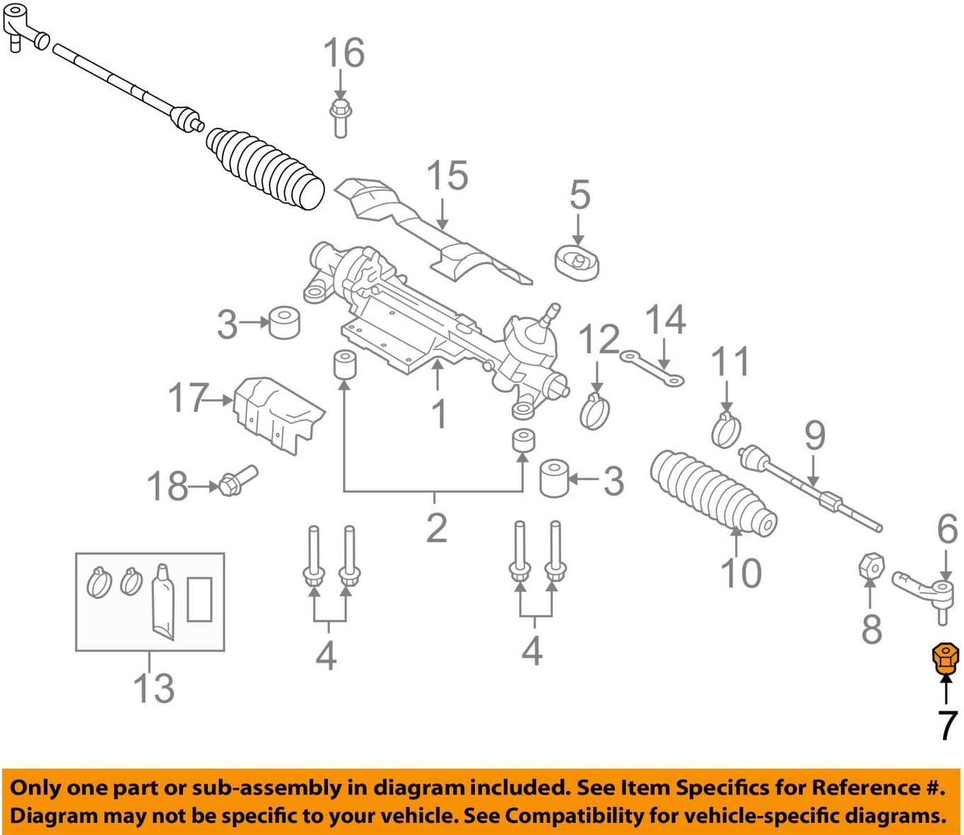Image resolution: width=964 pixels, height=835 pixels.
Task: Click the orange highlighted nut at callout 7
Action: pos(945,659)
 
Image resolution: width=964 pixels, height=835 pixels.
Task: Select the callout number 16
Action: pos(343,53)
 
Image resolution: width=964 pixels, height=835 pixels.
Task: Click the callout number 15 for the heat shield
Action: pos(447,175)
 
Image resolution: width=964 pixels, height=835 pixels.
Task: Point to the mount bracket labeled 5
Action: pos(577,263)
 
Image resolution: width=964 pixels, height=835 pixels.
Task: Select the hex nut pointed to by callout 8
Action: pos(871,566)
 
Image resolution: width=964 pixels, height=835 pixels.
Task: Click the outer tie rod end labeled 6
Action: pos(922,590)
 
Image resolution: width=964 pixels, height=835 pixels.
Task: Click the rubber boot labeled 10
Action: pos(710,491)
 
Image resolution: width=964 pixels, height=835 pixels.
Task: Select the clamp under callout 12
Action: pos(594,412)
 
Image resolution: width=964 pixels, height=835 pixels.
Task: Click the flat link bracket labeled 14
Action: pos(652,368)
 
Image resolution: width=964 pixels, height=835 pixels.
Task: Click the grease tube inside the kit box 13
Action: pos(163,601)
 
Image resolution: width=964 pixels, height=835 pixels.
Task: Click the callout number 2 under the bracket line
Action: pos(436,528)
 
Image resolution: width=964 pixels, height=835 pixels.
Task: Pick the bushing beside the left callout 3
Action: pos(285,322)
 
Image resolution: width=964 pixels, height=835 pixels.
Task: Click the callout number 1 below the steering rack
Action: pos(439,413)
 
